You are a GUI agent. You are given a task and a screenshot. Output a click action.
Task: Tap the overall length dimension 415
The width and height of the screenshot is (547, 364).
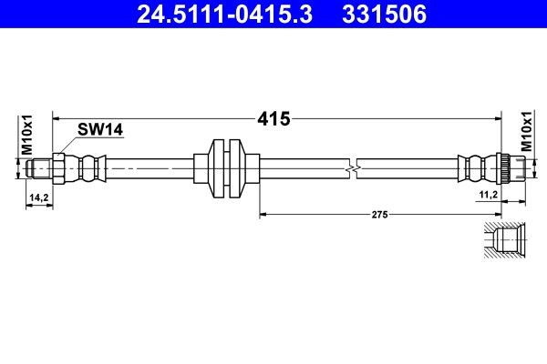point(273,118)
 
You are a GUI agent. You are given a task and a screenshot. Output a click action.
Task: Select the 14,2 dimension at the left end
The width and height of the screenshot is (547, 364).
point(38,196)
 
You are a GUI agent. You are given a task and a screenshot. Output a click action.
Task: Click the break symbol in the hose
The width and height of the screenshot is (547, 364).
point(355,168)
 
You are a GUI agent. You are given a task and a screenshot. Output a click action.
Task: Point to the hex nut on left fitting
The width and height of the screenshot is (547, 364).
point(57,168)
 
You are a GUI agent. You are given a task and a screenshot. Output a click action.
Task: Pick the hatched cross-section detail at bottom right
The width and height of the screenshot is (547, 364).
point(503,240)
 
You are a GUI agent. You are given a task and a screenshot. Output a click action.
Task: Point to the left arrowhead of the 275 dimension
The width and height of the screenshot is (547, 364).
point(264,215)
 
